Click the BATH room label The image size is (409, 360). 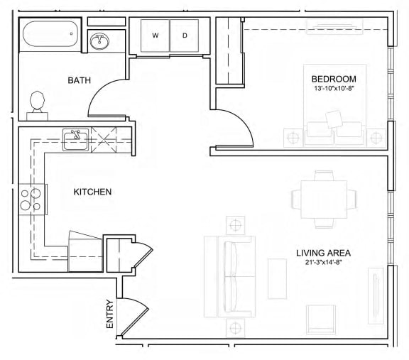pyautogui.click(x=80, y=80)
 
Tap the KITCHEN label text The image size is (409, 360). pyautogui.click(x=92, y=192)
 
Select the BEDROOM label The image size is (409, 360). pyautogui.click(x=334, y=79)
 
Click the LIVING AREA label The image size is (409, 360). pyautogui.click(x=324, y=253)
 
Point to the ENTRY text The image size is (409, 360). pyautogui.click(x=110, y=314)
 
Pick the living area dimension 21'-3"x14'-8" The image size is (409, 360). pyautogui.click(x=324, y=263)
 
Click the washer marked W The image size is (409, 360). pyautogui.click(x=156, y=36)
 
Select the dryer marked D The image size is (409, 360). pyautogui.click(x=185, y=36)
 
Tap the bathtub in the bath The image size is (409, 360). pyautogui.click(x=50, y=34)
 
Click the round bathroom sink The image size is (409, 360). pyautogui.click(x=99, y=41)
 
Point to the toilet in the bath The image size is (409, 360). pyautogui.click(x=38, y=106)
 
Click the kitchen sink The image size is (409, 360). pyautogui.click(x=75, y=140)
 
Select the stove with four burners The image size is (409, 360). pyautogui.click(x=31, y=200)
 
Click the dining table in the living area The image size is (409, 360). pyautogui.click(x=324, y=200)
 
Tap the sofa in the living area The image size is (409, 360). pyautogui.click(x=229, y=276)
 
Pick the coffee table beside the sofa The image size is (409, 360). pyautogui.click(x=277, y=278)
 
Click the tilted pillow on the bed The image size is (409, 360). pyautogui.click(x=334, y=119)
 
